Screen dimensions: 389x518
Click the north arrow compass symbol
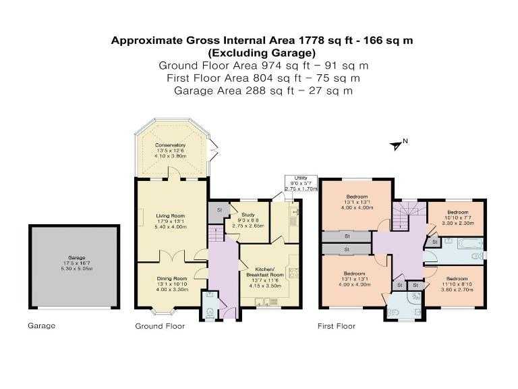coord(397,144)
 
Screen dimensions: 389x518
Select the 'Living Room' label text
coord(170,215)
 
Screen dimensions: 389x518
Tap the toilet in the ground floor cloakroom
coord(210,311)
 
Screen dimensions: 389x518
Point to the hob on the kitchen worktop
coord(293,273)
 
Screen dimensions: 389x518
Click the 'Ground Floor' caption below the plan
coord(160,326)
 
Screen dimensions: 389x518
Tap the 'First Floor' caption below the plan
coord(336,326)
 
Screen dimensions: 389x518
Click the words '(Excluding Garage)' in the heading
coord(262,52)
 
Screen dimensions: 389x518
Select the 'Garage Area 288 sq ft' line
coord(262,90)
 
